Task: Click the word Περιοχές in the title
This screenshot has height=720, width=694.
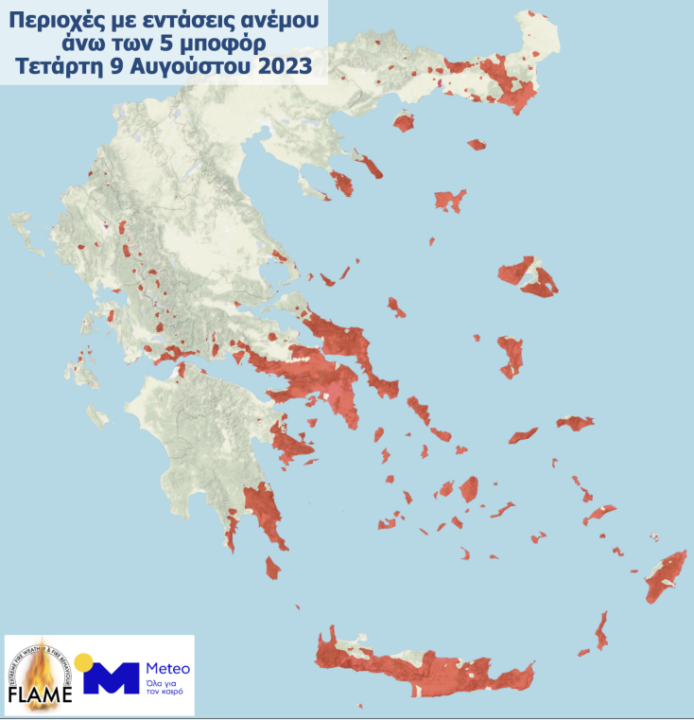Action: [x=51, y=19]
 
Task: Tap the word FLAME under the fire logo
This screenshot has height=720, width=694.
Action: [x=40, y=695]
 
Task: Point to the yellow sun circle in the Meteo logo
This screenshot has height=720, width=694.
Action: [x=84, y=661]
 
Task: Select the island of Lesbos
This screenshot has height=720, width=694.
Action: [x=529, y=275]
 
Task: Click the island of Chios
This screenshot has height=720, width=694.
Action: [x=512, y=355]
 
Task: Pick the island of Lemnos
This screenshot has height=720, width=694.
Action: [x=450, y=200]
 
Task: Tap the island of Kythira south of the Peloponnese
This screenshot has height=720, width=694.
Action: [x=273, y=568]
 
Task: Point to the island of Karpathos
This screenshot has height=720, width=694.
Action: [x=600, y=629]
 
